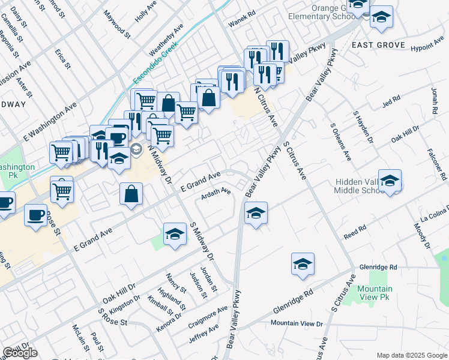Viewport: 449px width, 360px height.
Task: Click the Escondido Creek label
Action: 153,63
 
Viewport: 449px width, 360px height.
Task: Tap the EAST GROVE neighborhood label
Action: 378,45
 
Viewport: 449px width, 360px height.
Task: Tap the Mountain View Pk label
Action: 375,293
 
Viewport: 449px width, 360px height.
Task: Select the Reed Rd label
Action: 355,232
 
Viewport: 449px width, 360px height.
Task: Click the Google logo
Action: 19,353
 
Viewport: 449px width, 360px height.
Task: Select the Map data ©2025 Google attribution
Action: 411,355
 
